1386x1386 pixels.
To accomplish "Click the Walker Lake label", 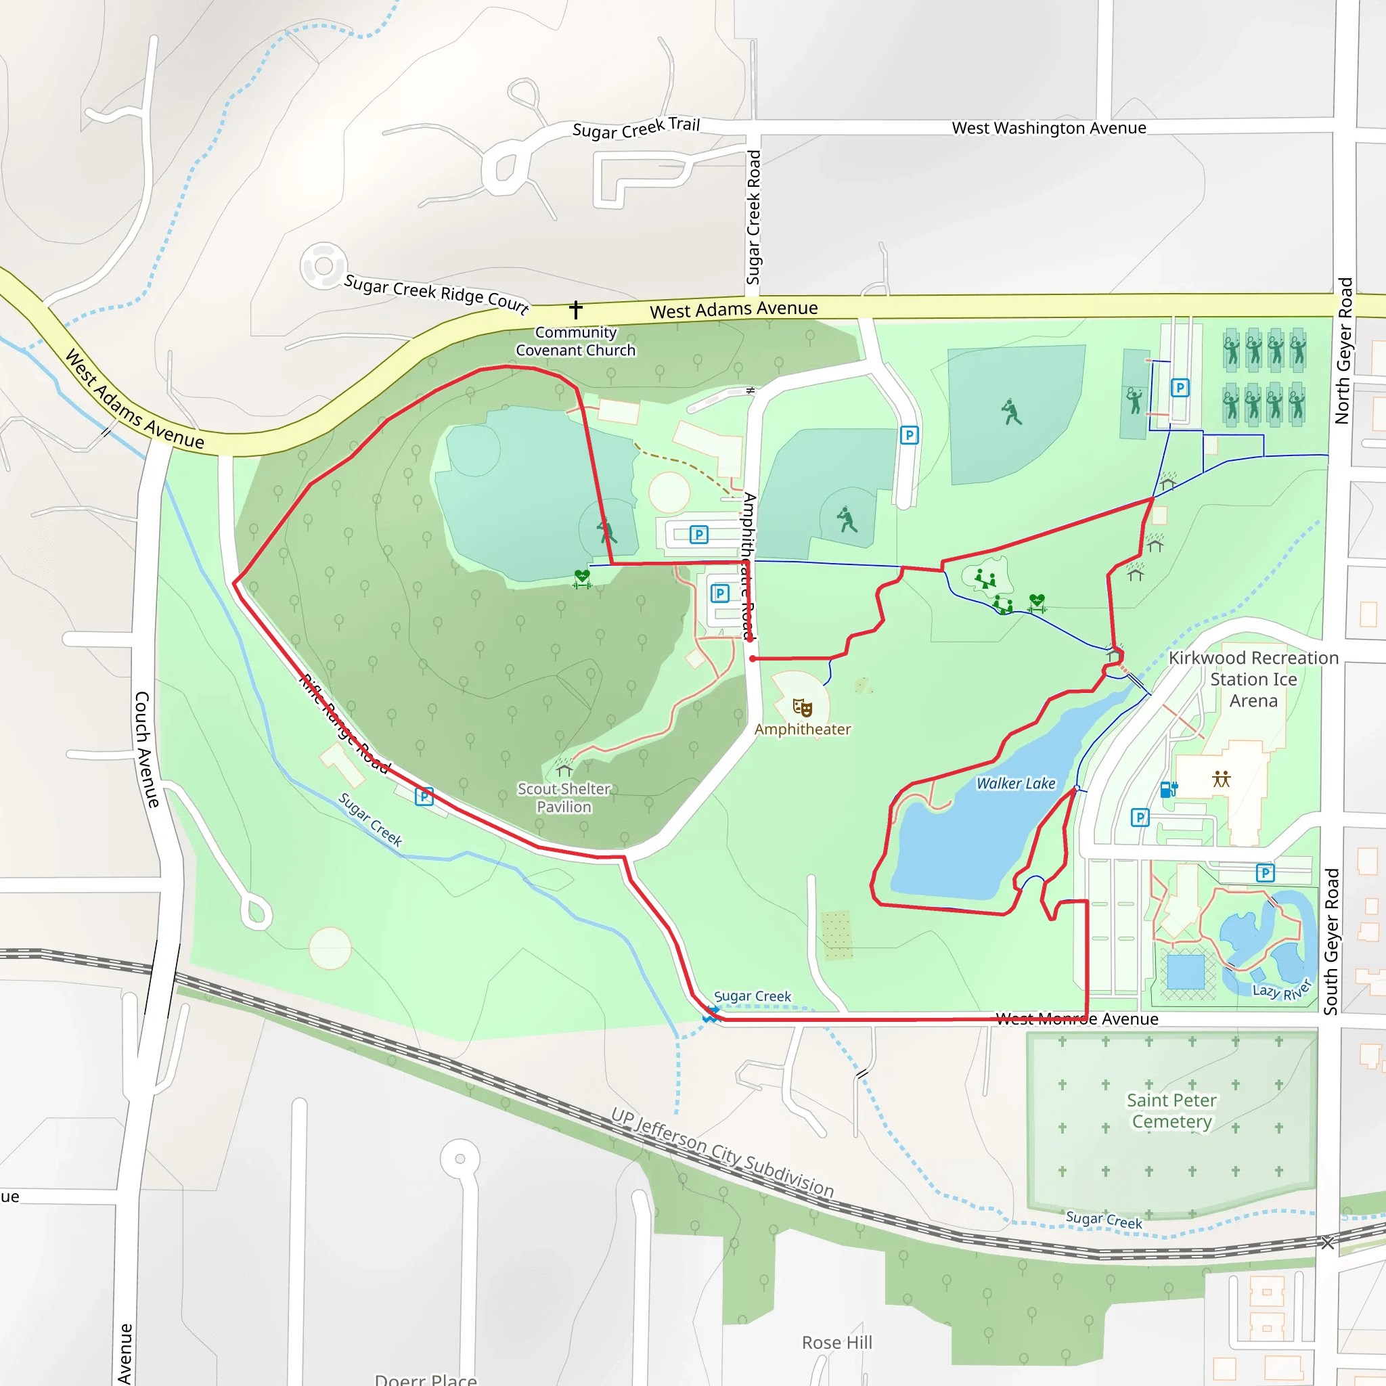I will pyautogui.click(x=1015, y=784).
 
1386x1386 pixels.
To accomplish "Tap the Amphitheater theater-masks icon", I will pyautogui.click(x=802, y=708).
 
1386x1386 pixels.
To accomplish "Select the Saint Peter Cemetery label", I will pyautogui.click(x=1171, y=1111).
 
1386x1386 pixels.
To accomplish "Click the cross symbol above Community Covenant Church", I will pyautogui.click(x=575, y=310).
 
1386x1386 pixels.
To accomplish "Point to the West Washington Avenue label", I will pyautogui.click(x=1048, y=128).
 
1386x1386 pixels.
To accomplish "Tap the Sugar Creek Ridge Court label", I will pyautogui.click(x=437, y=294).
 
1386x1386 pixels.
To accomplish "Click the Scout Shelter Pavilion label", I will pyautogui.click(x=564, y=798).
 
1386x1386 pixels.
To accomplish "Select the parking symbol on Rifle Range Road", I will pyautogui.click(x=424, y=797).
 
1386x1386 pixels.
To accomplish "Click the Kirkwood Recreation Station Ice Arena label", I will pyautogui.click(x=1253, y=679).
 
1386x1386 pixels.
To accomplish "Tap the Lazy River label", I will pyautogui.click(x=1281, y=991).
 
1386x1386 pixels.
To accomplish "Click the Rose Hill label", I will pyautogui.click(x=836, y=1342).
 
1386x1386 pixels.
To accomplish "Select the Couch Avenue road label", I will pyautogui.click(x=146, y=750).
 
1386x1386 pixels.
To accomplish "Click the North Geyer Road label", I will pyautogui.click(x=1343, y=351).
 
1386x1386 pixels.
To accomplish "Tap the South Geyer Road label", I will pyautogui.click(x=1331, y=941).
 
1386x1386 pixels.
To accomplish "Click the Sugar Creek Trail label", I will pyautogui.click(x=635, y=129).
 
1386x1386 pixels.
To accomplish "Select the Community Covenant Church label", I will pyautogui.click(x=575, y=342).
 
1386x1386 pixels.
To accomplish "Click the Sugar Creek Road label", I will pyautogui.click(x=753, y=217).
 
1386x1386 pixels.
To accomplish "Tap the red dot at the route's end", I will pyautogui.click(x=752, y=658).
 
